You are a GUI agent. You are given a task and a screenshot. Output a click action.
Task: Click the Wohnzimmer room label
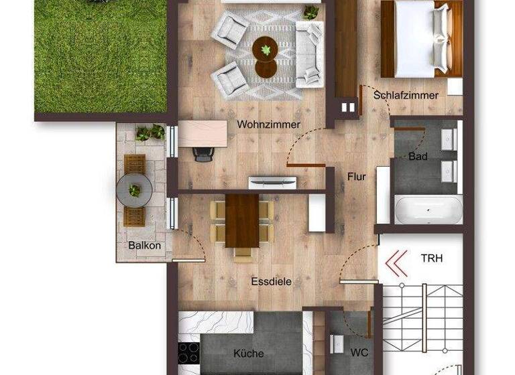point(268,125)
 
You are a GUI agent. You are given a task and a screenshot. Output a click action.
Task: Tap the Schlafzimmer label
point(406,95)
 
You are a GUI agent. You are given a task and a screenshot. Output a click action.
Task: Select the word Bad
point(418,156)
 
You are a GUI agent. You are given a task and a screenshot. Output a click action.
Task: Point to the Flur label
point(356,177)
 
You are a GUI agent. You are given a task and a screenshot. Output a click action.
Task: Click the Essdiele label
point(271,282)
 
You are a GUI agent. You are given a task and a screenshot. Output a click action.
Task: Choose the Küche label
point(248,354)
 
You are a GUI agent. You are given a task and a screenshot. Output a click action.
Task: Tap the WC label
point(359,352)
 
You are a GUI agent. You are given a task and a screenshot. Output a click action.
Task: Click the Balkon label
point(144,245)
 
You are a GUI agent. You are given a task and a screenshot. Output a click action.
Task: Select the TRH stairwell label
point(432,258)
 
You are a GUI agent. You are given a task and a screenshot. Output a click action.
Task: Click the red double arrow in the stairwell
point(397,263)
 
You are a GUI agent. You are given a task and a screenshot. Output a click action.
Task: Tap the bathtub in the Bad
point(428,210)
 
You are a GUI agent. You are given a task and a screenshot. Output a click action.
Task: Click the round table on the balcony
point(134,190)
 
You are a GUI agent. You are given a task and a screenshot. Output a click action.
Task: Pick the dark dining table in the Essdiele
point(242,220)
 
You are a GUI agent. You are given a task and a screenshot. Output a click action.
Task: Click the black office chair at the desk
point(203,155)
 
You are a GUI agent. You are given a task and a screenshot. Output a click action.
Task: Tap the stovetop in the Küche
point(188,352)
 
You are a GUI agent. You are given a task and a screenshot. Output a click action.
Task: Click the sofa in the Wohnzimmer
point(309,53)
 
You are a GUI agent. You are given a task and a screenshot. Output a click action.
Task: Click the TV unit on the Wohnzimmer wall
point(272,182)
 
